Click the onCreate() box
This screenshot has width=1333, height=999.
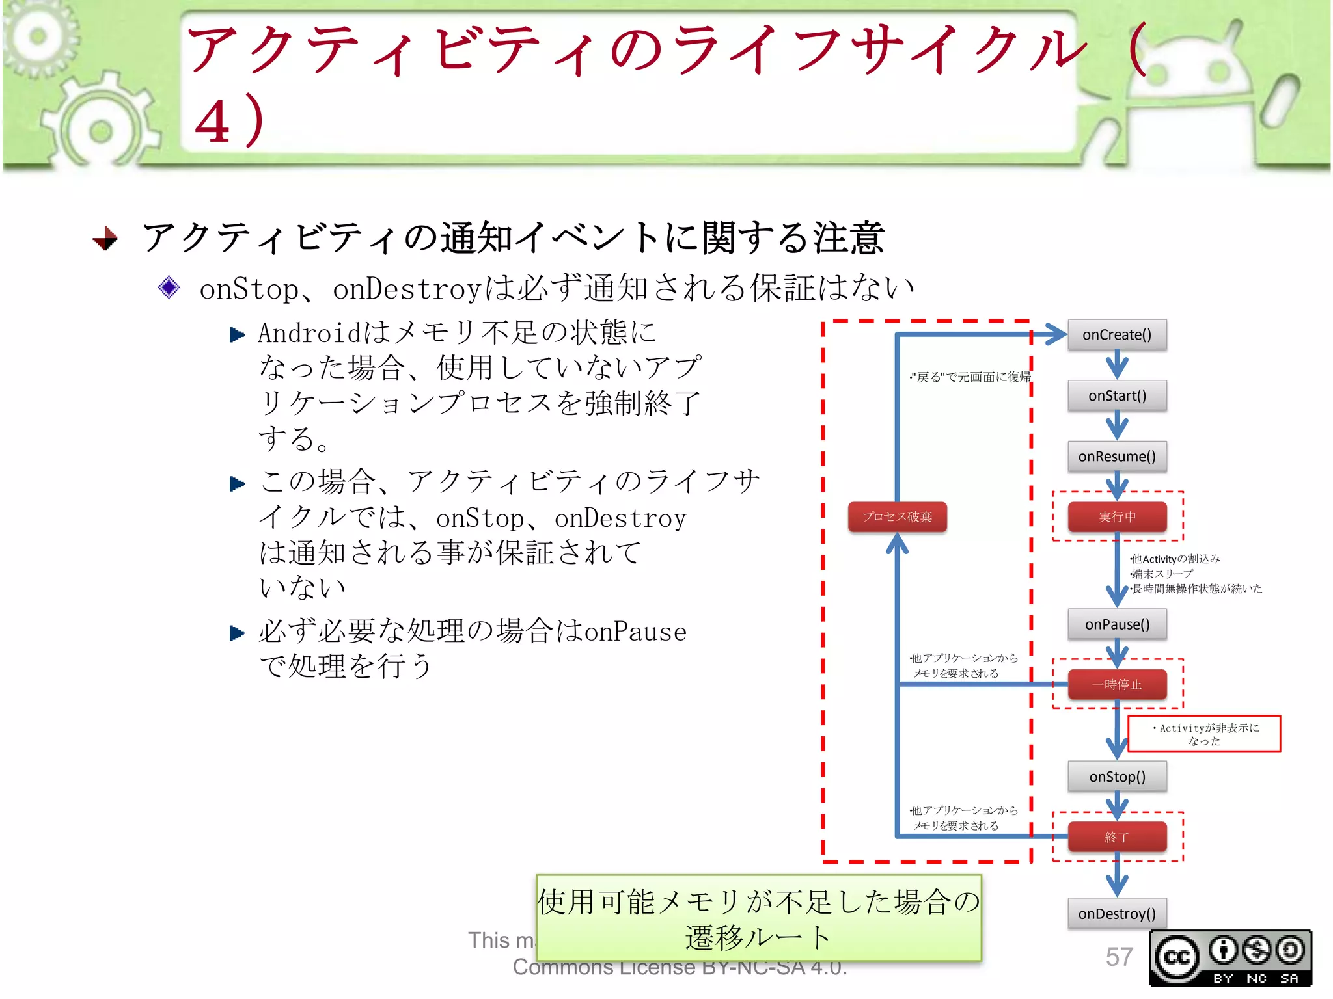point(1117,335)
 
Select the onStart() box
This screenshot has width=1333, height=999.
point(1117,395)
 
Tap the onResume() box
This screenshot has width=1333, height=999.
point(1117,457)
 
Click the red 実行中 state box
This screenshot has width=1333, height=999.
point(1117,517)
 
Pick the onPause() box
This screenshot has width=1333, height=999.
point(1117,624)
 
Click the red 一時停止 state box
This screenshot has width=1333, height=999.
point(1117,684)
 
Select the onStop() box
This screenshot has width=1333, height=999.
point(1117,777)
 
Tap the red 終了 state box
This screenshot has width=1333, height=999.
point(1117,837)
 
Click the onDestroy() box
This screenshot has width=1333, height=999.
point(1117,914)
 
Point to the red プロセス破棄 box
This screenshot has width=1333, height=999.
point(897,517)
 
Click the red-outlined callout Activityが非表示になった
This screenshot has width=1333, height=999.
point(1204,734)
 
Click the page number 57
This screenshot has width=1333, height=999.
point(1119,957)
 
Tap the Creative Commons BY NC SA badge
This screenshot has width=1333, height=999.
point(1230,958)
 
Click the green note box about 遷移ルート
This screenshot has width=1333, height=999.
point(758,918)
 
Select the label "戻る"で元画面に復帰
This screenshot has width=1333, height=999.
point(970,377)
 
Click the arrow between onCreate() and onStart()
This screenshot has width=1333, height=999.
point(1117,365)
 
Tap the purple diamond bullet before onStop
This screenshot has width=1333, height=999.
point(169,287)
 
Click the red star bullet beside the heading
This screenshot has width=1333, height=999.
point(105,239)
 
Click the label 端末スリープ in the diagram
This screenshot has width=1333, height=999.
point(1162,574)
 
